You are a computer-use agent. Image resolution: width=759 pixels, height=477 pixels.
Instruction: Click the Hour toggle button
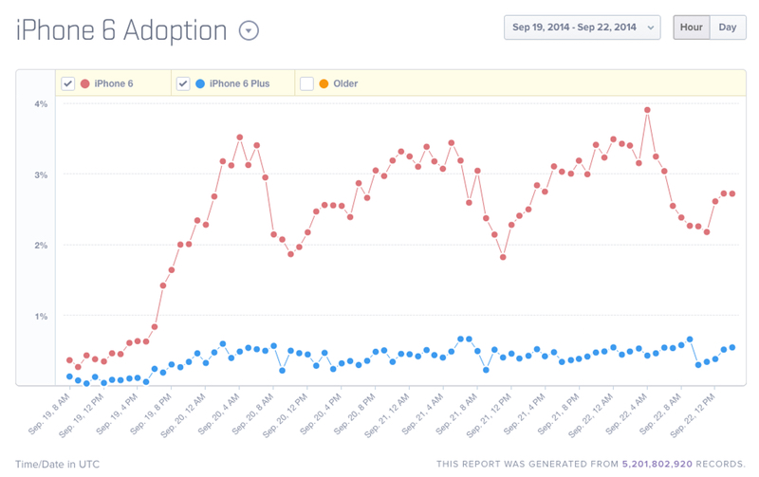691,28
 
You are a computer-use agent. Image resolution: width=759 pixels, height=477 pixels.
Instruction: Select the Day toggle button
727,28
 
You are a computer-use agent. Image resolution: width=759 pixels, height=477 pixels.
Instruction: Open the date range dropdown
583,28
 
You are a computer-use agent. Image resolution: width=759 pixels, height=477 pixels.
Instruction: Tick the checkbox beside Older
306,83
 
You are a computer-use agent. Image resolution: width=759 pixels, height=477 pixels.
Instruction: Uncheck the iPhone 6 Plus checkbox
183,83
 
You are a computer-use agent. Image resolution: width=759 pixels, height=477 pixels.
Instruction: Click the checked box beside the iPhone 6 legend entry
68,83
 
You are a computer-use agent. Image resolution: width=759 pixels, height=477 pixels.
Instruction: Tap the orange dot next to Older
324,83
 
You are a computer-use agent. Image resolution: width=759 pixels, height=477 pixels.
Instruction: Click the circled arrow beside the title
249,31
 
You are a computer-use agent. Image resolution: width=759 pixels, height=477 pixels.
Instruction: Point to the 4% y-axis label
41,104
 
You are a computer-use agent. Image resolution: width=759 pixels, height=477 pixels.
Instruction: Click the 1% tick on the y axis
41,317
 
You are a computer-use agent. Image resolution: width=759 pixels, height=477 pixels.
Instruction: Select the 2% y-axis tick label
41,246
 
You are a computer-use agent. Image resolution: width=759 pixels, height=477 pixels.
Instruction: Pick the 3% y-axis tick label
41,174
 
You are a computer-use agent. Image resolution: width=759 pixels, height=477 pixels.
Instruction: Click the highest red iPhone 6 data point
647,110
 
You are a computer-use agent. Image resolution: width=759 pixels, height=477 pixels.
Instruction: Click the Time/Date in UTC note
57,465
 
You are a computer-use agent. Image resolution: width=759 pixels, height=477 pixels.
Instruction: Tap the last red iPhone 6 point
732,193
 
